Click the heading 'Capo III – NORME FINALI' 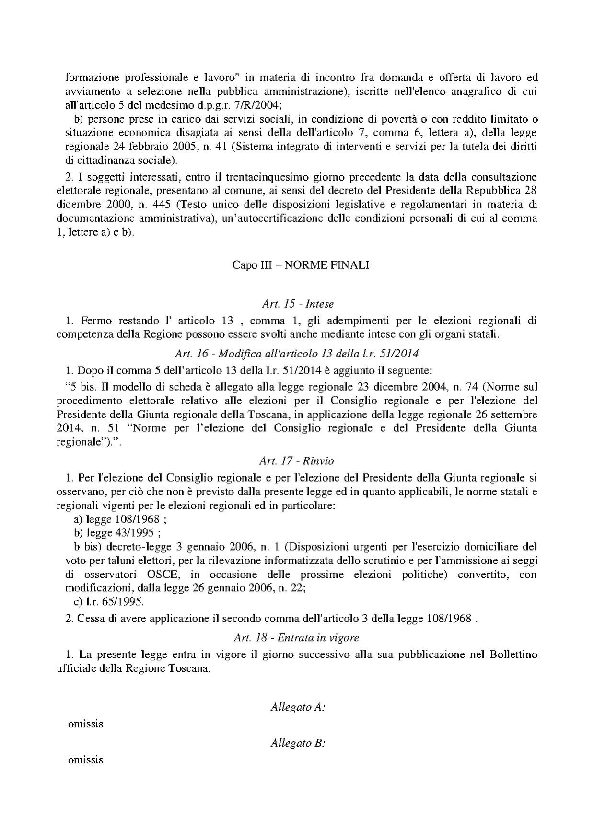301,265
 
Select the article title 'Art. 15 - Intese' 298,304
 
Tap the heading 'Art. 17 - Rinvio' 296,461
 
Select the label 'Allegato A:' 298,707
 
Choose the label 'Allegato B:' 298,743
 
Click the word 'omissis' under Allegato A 86,724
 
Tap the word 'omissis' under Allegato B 86,760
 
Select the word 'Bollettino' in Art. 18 513,655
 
